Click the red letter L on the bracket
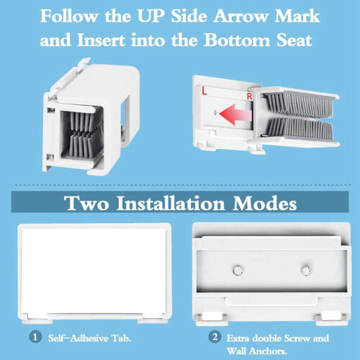point(204,91)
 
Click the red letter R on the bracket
point(250,96)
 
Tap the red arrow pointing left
point(235,114)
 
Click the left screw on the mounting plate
point(238,271)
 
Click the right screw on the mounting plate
point(306,271)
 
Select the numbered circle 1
point(35,337)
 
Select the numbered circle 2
point(215,337)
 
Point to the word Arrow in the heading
point(240,17)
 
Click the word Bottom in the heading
point(237,40)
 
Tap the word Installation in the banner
point(171,204)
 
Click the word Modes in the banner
point(264,204)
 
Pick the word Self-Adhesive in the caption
point(78,338)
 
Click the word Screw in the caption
point(297,338)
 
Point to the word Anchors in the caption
point(268,351)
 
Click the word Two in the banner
point(87,204)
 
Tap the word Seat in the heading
point(294,40)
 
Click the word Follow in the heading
point(69,17)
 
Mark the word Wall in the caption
point(236,351)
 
